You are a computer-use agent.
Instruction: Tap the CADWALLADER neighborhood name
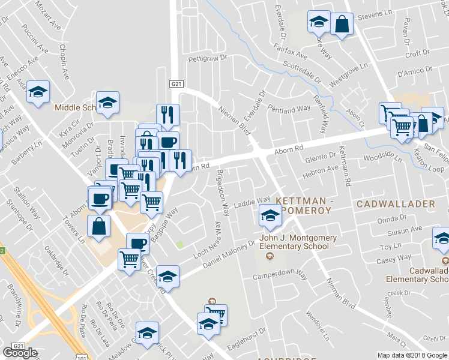(396, 204)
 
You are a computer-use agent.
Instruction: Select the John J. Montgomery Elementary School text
(294, 242)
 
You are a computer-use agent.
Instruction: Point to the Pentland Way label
(289, 110)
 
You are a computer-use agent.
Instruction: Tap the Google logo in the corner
(20, 353)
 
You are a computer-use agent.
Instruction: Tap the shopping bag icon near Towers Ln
(99, 226)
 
